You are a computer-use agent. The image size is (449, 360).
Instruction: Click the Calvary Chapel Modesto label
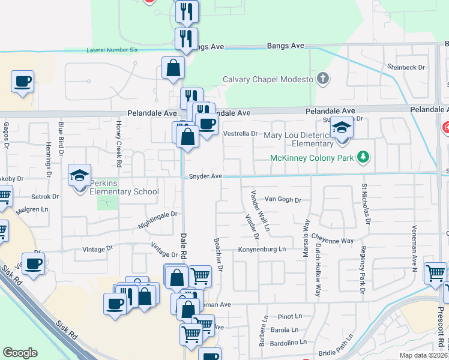(268, 79)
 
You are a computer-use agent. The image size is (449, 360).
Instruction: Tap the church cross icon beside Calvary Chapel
(323, 79)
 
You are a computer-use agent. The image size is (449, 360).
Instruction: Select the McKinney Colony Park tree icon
(363, 157)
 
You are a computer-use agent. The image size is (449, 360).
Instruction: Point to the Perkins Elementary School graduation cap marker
(79, 176)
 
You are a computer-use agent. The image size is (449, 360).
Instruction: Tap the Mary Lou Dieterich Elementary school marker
(342, 128)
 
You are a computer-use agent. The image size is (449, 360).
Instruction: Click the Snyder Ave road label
(205, 176)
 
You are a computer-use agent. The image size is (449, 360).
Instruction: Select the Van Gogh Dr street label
(282, 199)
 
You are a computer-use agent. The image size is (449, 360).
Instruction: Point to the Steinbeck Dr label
(406, 68)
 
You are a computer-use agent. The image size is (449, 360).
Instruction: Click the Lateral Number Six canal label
(112, 50)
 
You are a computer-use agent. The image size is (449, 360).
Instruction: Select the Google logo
(20, 352)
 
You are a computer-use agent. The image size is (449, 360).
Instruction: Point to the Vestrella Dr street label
(240, 134)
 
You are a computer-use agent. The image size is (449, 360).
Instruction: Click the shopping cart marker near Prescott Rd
(435, 273)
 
